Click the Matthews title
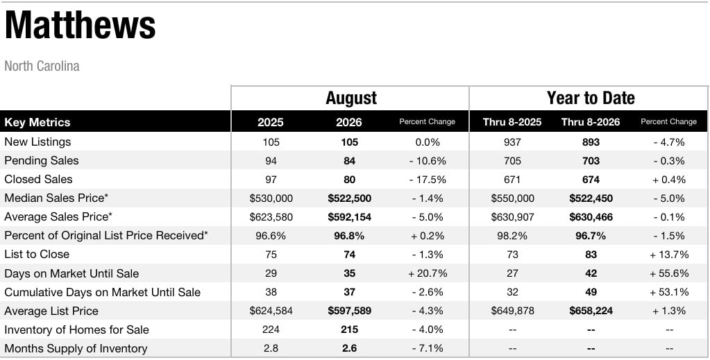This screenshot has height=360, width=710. tap(80, 26)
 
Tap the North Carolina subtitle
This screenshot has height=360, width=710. tap(42, 66)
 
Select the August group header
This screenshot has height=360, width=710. tap(351, 98)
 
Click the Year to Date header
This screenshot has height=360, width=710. tap(591, 98)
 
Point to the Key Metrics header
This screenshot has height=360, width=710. tap(37, 122)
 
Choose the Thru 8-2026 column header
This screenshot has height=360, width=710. tap(591, 122)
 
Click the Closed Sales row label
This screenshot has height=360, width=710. tap(38, 180)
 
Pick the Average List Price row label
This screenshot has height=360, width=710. tap(51, 311)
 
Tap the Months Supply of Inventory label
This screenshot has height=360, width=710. tap(76, 349)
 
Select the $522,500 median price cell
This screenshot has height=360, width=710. tap(350, 198)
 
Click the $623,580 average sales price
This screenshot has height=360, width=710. tap(271, 217)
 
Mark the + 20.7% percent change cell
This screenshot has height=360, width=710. tap(428, 273)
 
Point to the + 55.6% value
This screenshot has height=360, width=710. tap(669, 273)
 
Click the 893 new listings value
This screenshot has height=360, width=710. tap(591, 142)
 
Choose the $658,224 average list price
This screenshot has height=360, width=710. tap(591, 311)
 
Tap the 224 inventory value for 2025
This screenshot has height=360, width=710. tap(271, 329)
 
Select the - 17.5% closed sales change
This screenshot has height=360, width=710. tap(428, 180)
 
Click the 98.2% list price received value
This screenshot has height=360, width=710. tap(512, 236)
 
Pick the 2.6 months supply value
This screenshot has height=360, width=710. tap(350, 349)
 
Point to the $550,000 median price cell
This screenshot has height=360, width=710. tap(512, 198)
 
